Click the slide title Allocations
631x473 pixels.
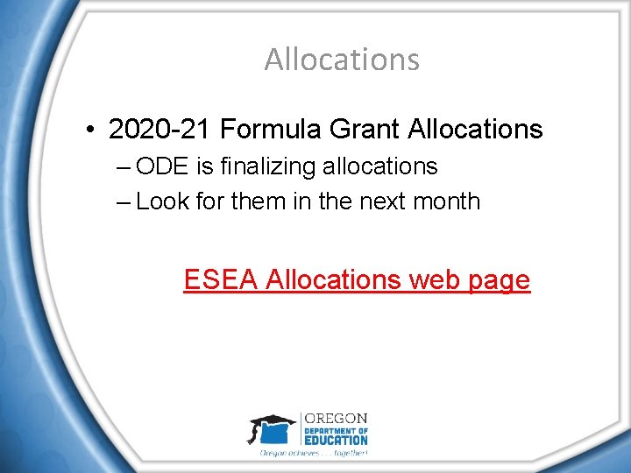(342, 60)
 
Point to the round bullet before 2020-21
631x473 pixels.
(91, 131)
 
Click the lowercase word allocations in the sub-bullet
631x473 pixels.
(382, 166)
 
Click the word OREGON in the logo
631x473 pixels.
(336, 419)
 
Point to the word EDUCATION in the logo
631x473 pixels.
(336, 440)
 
